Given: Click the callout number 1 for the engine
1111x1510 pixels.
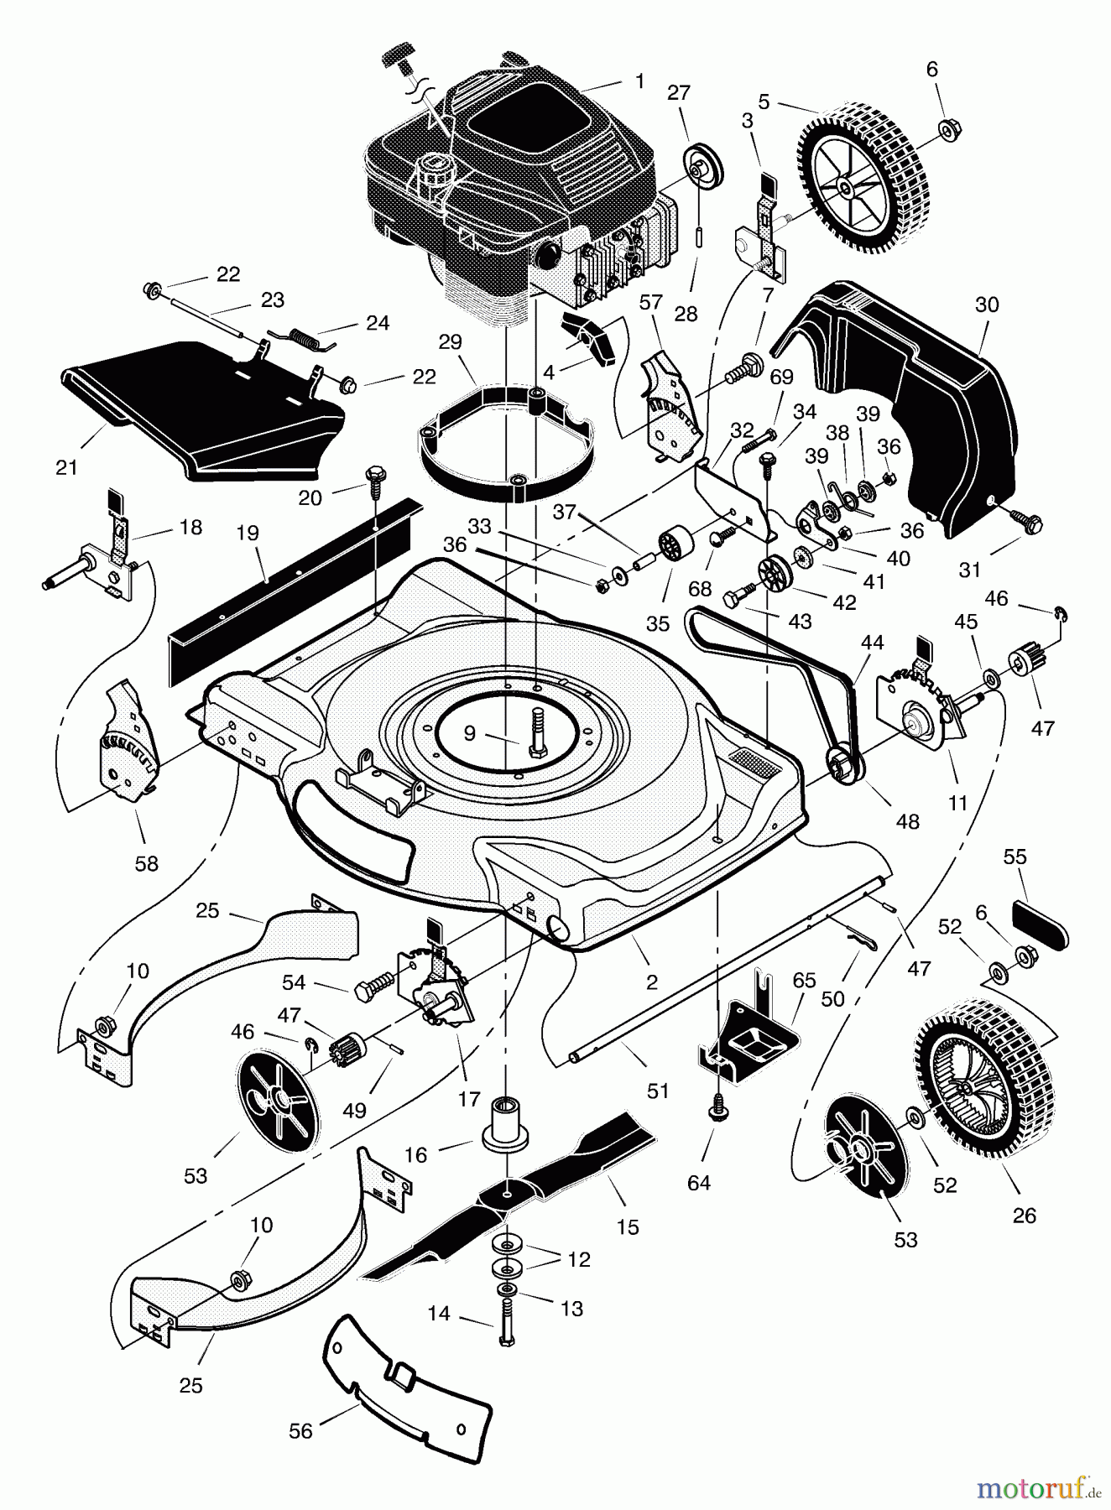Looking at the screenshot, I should click(x=639, y=81).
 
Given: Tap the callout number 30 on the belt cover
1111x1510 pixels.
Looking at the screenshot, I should click(x=987, y=305).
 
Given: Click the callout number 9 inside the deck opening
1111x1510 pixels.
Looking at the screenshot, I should click(x=469, y=733).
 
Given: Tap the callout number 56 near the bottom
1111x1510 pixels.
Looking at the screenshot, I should click(x=300, y=1431).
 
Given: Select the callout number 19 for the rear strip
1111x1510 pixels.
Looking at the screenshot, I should click(x=248, y=533).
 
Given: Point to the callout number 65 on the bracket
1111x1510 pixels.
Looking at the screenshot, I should click(x=804, y=980).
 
